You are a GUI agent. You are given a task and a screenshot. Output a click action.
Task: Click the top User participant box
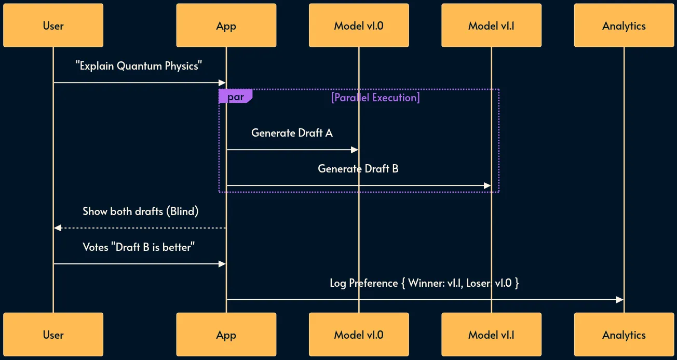pyautogui.click(x=53, y=25)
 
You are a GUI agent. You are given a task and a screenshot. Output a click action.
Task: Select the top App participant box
pyautogui.click(x=226, y=25)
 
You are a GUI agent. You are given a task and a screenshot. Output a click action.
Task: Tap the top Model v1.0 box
pyautogui.click(x=359, y=25)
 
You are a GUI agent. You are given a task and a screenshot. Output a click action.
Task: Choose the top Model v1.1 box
pyautogui.click(x=491, y=25)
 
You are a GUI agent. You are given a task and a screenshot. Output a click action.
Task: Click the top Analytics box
pyautogui.click(x=624, y=25)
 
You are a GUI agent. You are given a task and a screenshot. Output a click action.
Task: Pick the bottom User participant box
pyautogui.click(x=53, y=335)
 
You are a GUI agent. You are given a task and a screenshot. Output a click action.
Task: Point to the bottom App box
pyautogui.click(x=226, y=335)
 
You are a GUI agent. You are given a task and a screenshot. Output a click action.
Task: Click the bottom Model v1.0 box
pyautogui.click(x=359, y=335)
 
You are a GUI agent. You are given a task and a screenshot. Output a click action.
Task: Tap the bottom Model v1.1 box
pyautogui.click(x=491, y=335)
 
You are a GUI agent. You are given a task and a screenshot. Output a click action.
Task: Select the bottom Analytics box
pyautogui.click(x=624, y=335)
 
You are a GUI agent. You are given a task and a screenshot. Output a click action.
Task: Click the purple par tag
pyautogui.click(x=235, y=97)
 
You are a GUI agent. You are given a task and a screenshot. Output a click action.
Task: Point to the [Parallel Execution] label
pyautogui.click(x=375, y=97)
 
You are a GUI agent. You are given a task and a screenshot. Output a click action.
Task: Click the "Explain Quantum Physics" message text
pyautogui.click(x=139, y=66)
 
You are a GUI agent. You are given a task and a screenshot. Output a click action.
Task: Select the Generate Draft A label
pyautogui.click(x=292, y=133)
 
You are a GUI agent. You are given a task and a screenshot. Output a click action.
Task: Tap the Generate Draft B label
pyautogui.click(x=358, y=169)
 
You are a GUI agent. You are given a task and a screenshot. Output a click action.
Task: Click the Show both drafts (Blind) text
pyautogui.click(x=140, y=211)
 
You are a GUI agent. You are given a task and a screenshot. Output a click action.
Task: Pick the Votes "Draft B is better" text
pyautogui.click(x=139, y=247)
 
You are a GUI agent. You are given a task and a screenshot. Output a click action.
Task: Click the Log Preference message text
pyautogui.click(x=424, y=283)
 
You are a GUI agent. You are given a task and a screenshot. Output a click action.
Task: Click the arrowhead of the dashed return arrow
pyautogui.click(x=57, y=228)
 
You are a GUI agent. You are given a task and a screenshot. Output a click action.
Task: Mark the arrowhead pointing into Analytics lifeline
pyautogui.click(x=620, y=300)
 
